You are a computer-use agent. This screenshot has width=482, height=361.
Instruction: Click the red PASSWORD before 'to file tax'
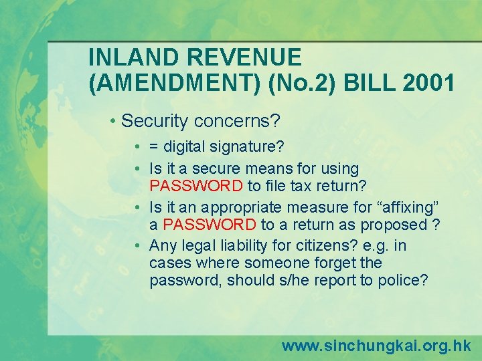point(196,185)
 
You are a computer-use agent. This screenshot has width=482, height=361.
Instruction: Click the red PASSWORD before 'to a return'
point(210,224)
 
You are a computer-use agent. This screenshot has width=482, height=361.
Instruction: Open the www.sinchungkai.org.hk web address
point(376,346)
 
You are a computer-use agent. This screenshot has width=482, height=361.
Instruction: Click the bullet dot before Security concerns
point(114,122)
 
